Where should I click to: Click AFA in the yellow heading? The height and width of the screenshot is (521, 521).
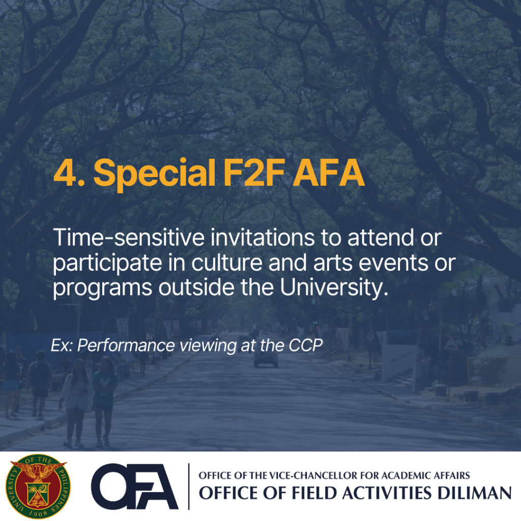click(x=329, y=172)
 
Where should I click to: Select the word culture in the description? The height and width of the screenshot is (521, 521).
click(x=227, y=263)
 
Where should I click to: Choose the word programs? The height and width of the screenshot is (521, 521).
click(x=102, y=288)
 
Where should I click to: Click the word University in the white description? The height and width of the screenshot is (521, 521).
click(x=334, y=287)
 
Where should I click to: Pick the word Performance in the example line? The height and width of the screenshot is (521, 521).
click(x=126, y=345)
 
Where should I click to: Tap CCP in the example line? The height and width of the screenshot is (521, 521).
click(x=305, y=345)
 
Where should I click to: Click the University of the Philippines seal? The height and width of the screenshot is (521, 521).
click(x=38, y=486)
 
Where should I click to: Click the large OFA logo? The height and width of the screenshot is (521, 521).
click(x=134, y=486)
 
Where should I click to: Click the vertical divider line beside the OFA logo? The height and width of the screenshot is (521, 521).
click(x=189, y=486)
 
